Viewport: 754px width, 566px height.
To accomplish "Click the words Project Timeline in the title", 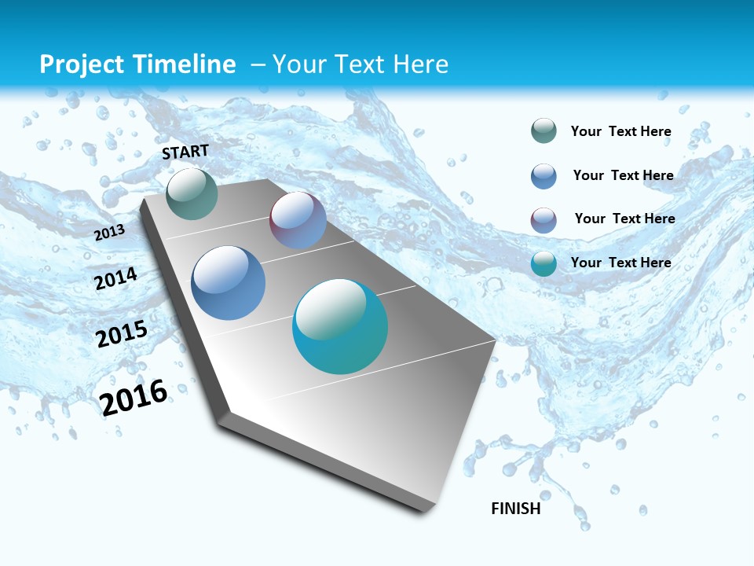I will [137, 64].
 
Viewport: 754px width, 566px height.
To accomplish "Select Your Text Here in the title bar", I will [360, 64].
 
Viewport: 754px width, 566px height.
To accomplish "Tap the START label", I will [185, 152].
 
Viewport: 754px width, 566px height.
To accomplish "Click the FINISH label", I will [516, 509].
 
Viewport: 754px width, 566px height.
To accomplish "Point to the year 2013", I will [110, 233].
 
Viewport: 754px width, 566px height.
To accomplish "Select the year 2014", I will [116, 279].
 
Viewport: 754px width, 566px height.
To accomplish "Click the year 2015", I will [122, 334].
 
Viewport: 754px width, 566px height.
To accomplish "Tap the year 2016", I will [134, 397].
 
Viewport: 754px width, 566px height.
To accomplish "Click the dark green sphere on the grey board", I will [192, 194].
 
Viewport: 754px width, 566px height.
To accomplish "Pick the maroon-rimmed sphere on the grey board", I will [298, 220].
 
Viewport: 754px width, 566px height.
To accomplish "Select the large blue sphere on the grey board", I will [229, 283].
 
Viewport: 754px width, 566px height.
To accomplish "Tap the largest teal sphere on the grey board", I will [340, 326].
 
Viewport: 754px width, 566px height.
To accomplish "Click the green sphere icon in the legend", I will [544, 130].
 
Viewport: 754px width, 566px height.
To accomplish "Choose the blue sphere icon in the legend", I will [544, 176].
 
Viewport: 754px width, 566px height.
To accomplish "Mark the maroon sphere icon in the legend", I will [544, 220].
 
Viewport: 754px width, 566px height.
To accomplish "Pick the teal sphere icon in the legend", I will [544, 263].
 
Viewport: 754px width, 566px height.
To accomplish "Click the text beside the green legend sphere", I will [620, 131].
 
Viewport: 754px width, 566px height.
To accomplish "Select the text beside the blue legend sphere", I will [623, 175].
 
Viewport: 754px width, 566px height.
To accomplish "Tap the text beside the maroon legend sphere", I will [624, 219].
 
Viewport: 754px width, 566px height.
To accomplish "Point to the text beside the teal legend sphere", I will [620, 263].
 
